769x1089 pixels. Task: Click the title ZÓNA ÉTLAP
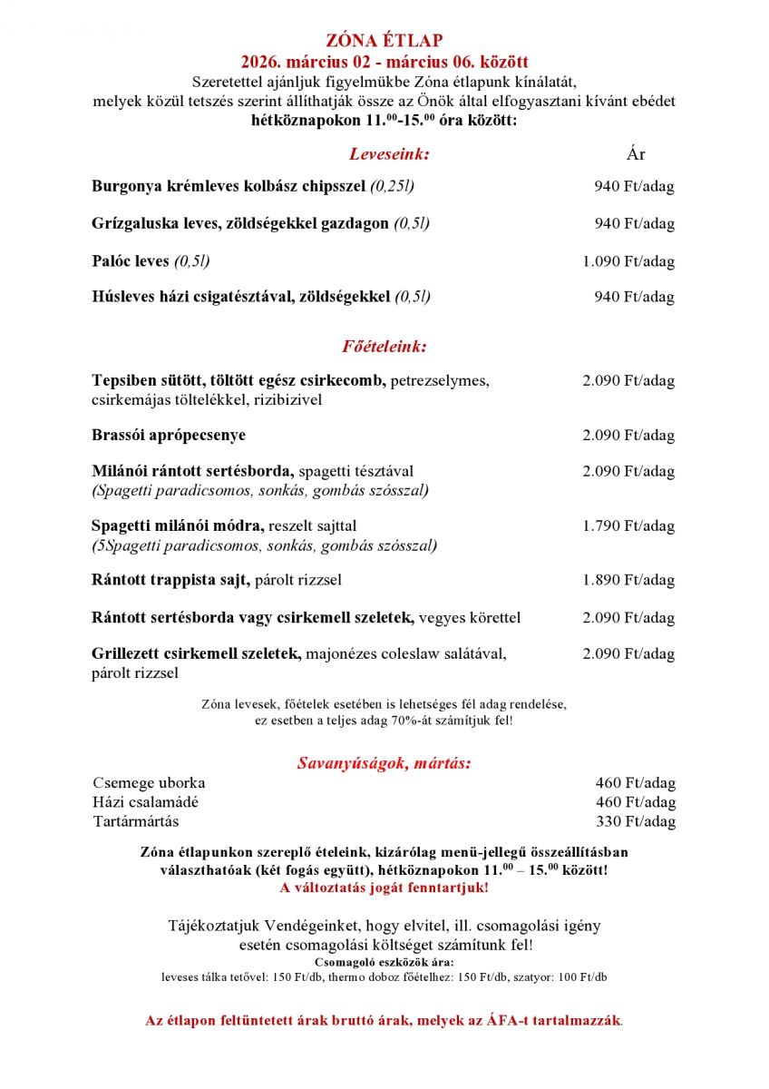point(384,40)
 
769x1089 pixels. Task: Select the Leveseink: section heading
point(389,154)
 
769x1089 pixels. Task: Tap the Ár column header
point(636,154)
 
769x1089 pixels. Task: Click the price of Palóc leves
point(628,261)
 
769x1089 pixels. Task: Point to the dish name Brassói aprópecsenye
point(169,436)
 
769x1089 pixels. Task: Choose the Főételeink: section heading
point(384,347)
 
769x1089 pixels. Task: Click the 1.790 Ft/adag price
point(628,526)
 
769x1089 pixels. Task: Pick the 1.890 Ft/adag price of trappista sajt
point(628,581)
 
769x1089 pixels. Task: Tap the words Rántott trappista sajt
point(170,581)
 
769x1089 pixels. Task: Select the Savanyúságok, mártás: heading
point(384,763)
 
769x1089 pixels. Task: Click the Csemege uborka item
point(149,783)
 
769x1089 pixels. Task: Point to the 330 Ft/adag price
point(635,822)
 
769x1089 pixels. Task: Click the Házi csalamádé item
point(145,802)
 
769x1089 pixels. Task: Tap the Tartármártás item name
point(136,822)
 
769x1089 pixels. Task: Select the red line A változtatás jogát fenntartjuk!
point(384,888)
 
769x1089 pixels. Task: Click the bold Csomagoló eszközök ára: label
point(384,962)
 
